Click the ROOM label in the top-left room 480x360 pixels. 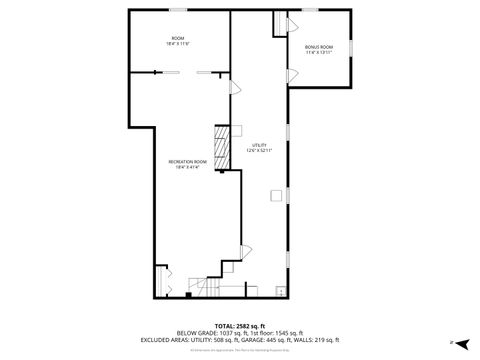(x=178, y=38)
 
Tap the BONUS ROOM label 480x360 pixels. (x=319, y=47)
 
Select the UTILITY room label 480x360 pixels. (x=260, y=145)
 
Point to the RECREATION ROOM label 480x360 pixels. (x=187, y=162)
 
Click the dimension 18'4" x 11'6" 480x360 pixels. (x=178, y=44)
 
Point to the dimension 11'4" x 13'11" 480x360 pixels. (x=319, y=53)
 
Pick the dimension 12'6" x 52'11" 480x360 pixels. (x=260, y=151)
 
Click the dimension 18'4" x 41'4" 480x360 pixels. (x=187, y=168)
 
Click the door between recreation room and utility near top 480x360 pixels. (x=234, y=88)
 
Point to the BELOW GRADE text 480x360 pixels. (x=196, y=333)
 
